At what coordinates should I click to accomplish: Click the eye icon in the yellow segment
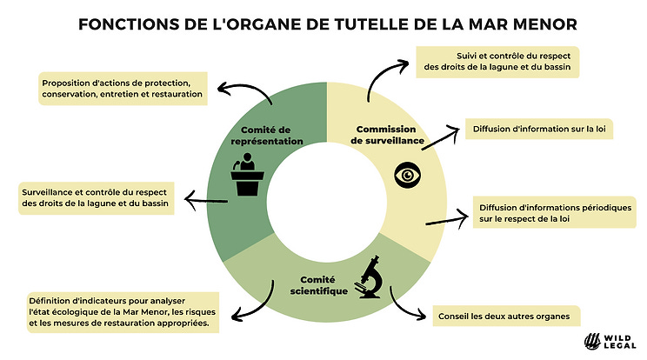coord(406,175)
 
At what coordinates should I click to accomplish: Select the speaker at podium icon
coord(247,177)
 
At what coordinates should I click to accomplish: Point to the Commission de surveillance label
coord(387,134)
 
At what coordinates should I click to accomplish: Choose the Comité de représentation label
coord(271,135)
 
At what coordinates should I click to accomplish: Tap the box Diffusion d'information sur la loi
coord(534,129)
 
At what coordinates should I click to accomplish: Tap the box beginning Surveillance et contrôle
coord(98,198)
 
